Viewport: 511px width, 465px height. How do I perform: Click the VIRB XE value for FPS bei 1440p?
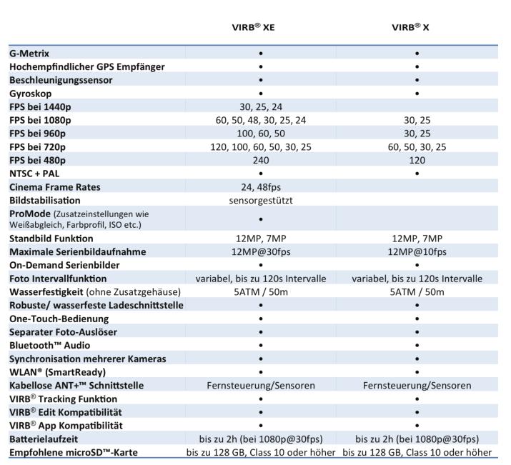pyautogui.click(x=261, y=106)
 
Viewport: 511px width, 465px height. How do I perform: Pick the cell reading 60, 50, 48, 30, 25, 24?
pyautogui.click(x=261, y=120)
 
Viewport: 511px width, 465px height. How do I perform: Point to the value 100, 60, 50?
pyautogui.click(x=261, y=134)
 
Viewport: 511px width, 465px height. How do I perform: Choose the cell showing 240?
pyautogui.click(x=261, y=161)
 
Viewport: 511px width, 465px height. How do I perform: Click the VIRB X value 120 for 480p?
pyautogui.click(x=416, y=161)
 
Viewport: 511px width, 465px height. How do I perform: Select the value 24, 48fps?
pyautogui.click(x=261, y=187)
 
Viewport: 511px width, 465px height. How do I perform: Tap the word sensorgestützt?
pyautogui.click(x=261, y=201)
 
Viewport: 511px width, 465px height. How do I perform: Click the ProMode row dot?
pyautogui.click(x=261, y=219)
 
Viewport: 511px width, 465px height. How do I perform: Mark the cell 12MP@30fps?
pyautogui.click(x=261, y=251)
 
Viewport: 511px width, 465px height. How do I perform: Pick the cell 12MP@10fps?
pyautogui.click(x=416, y=251)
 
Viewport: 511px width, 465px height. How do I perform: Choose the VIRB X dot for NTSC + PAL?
pyautogui.click(x=416, y=174)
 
